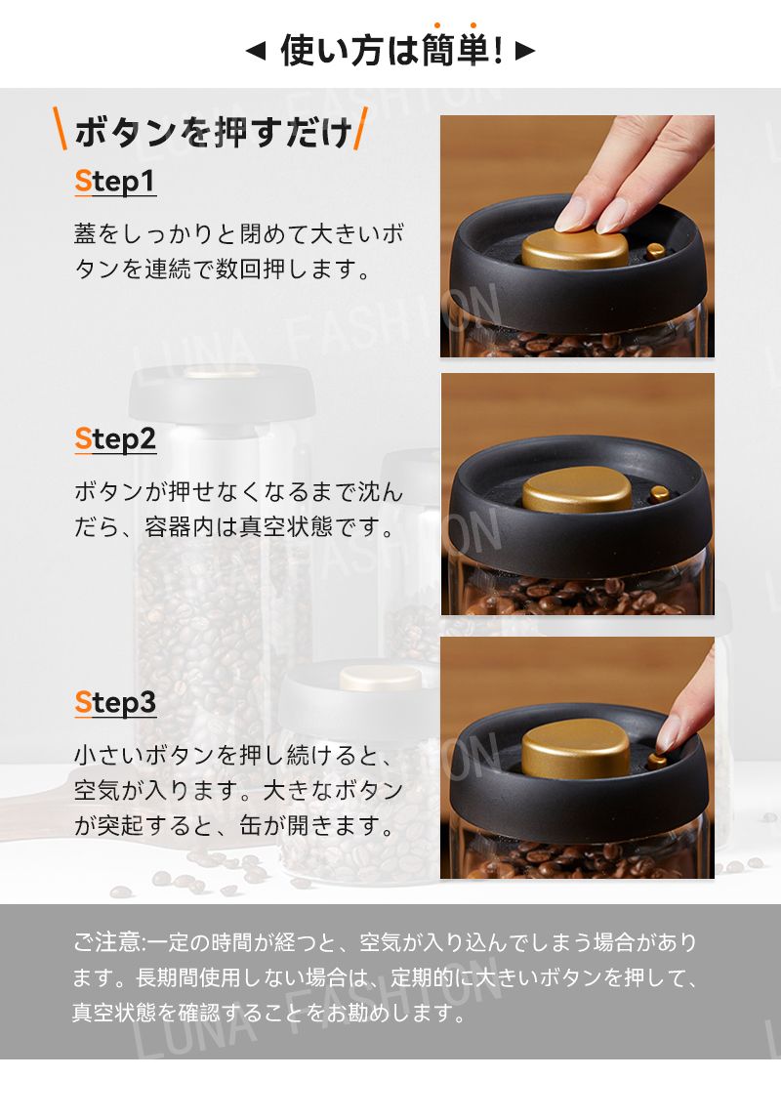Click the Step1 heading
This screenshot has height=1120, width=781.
point(115,182)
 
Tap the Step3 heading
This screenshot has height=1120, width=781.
point(115,703)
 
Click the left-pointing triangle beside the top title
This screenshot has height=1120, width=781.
point(256,51)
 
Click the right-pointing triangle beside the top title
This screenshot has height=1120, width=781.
point(524,51)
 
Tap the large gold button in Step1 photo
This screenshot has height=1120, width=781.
point(575,248)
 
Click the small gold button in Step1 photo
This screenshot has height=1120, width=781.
point(655,251)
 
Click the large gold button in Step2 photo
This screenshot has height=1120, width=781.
point(577,490)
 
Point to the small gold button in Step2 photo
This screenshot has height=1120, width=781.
point(659,493)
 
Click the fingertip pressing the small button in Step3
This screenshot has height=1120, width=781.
point(669,733)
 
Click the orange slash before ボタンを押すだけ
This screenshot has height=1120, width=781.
point(61,129)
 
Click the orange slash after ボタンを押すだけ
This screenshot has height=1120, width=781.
point(361,129)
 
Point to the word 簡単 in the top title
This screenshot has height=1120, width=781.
point(455,50)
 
